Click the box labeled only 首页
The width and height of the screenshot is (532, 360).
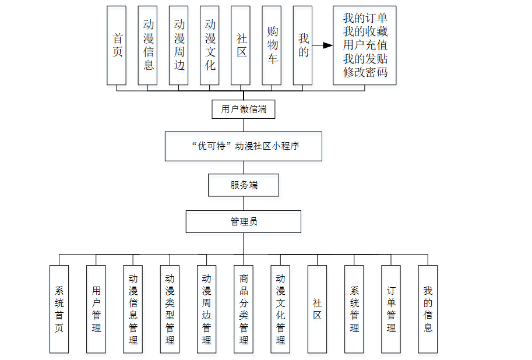(x=117, y=45)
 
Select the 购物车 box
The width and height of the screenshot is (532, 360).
(x=272, y=45)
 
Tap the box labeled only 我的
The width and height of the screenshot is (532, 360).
(x=303, y=45)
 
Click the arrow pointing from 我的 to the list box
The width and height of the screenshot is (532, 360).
(x=322, y=45)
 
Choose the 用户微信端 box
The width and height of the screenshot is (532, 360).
(x=244, y=109)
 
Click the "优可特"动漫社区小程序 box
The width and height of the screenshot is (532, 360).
(x=244, y=146)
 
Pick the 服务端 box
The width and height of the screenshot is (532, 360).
(x=244, y=185)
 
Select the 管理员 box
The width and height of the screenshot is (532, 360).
(x=244, y=222)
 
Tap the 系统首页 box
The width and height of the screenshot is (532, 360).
(x=59, y=309)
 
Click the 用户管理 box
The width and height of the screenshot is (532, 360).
(x=96, y=309)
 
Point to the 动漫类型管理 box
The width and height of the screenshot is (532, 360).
(x=170, y=309)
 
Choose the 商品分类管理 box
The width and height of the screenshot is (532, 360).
(x=244, y=309)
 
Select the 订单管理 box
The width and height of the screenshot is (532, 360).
(x=391, y=309)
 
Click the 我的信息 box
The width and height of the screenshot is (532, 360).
(x=428, y=309)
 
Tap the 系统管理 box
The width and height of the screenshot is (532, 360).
(x=354, y=309)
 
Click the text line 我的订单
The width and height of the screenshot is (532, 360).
(x=365, y=19)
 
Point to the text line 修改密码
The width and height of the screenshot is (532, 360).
(x=365, y=72)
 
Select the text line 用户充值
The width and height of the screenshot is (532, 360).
(x=365, y=45)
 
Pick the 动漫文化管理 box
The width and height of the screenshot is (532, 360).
(x=280, y=309)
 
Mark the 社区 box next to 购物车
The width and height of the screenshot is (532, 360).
(x=241, y=45)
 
